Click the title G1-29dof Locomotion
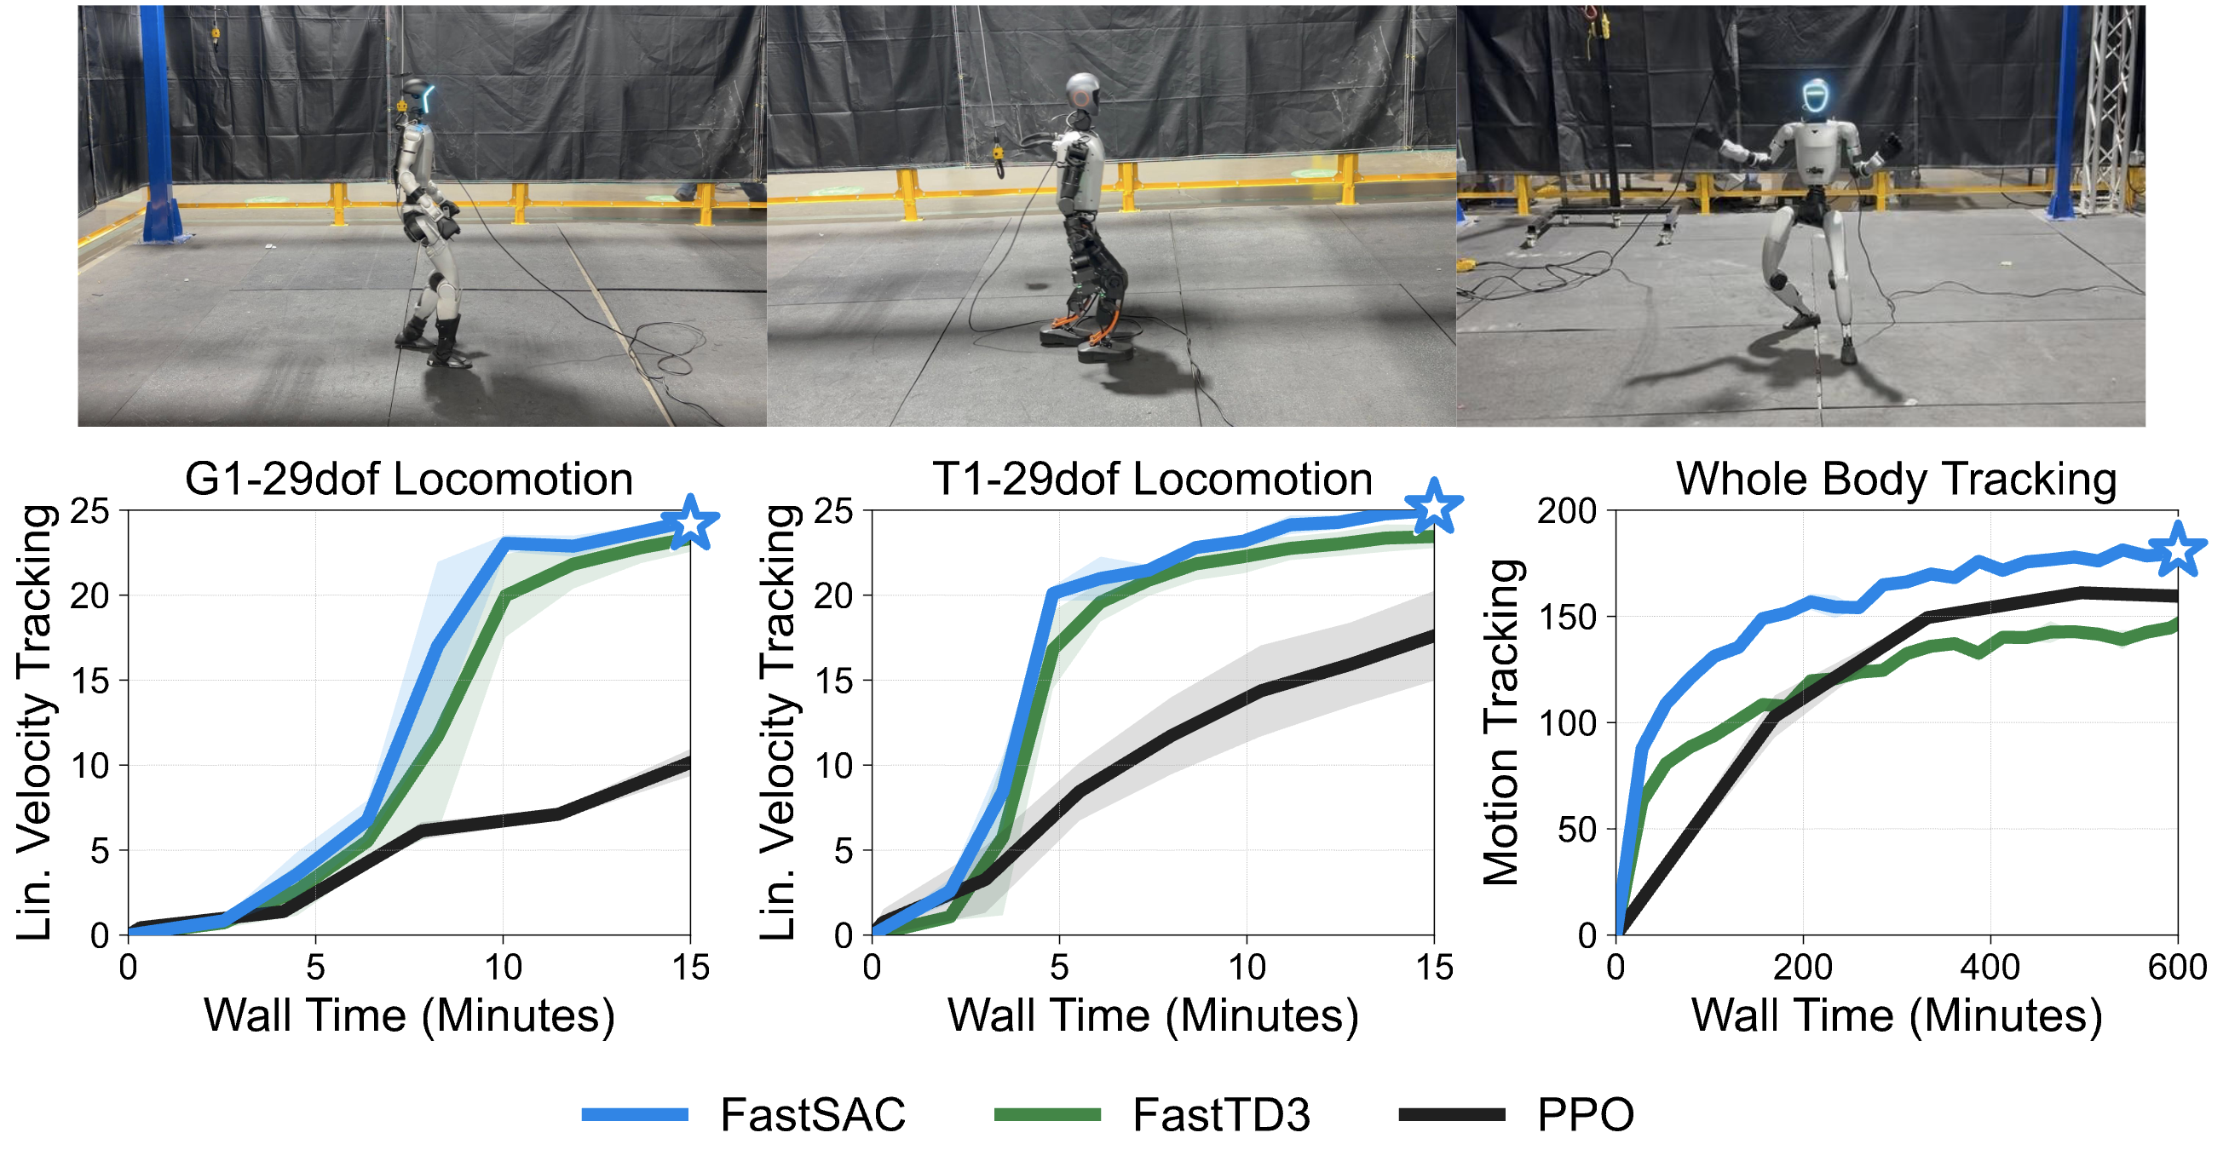point(408,480)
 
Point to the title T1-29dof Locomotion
point(1152,480)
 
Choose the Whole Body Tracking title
point(1896,480)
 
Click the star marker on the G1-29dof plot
point(690,523)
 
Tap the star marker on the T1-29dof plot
point(1434,505)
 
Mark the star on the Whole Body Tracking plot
point(2177,549)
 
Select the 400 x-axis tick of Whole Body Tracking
point(1990,967)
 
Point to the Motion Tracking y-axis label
point(1501,722)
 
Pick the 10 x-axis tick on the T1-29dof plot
point(1247,967)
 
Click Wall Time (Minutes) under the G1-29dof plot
point(408,1015)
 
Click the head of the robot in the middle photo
point(1082,93)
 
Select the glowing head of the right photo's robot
point(1815,97)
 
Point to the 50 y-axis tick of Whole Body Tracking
point(1576,830)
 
